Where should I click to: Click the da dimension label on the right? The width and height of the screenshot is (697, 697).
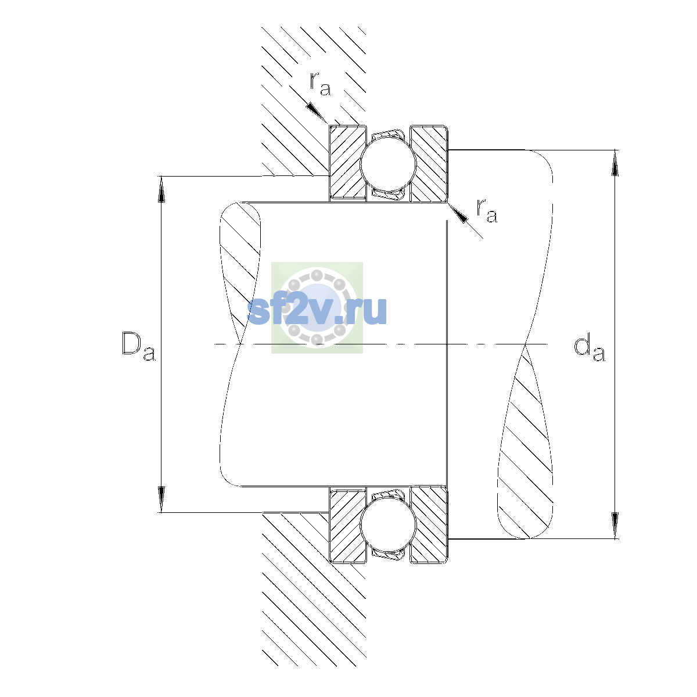(x=589, y=349)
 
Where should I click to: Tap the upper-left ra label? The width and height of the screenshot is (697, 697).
(x=320, y=84)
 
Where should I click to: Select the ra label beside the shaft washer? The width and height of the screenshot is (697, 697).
(x=487, y=210)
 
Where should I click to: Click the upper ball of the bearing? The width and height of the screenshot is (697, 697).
(x=388, y=163)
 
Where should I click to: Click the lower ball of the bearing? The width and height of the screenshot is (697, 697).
(x=388, y=525)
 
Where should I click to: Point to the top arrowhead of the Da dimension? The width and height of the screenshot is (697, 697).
(x=161, y=189)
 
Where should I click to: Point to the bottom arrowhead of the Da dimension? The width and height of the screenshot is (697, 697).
(x=161, y=499)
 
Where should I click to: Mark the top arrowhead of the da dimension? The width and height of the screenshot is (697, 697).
(x=615, y=163)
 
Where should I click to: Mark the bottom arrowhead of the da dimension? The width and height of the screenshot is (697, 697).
(x=615, y=526)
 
